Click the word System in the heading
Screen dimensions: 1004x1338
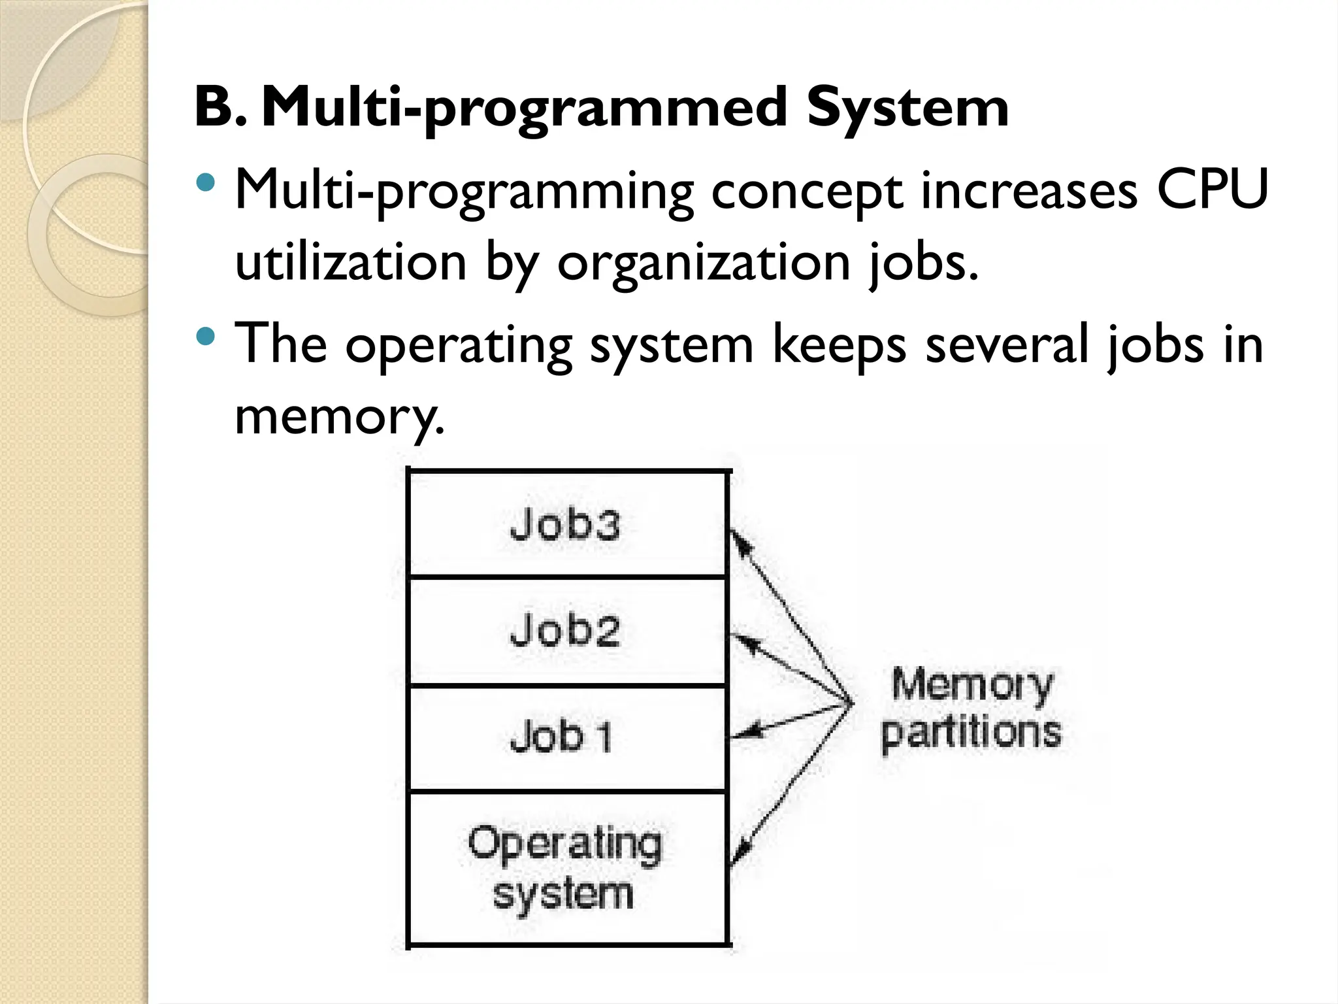tap(907, 108)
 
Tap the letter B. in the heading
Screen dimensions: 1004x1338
tap(221, 108)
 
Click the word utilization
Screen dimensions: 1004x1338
tap(351, 261)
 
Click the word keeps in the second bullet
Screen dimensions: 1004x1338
tap(839, 344)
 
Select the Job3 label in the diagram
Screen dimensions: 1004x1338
tap(564, 524)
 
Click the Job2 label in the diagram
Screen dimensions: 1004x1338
tap(564, 631)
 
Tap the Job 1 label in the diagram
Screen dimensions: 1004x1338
tap(562, 737)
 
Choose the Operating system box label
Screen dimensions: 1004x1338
tap(564, 868)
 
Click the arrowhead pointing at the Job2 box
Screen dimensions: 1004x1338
tap(742, 641)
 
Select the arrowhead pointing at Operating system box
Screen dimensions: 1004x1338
tap(740, 853)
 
